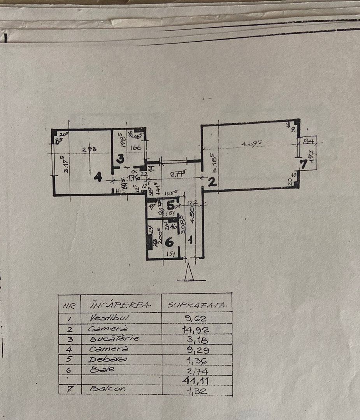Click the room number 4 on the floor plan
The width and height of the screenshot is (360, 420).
click(98, 178)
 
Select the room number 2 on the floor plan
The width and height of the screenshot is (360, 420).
click(212, 182)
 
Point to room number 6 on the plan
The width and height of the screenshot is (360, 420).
click(169, 242)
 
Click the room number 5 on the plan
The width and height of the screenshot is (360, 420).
click(170, 205)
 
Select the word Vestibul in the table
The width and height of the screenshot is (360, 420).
click(104, 318)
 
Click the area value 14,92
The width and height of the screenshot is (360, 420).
click(196, 329)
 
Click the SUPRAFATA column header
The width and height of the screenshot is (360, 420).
click(197, 305)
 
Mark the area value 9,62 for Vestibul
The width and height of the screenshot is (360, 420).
click(196, 318)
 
